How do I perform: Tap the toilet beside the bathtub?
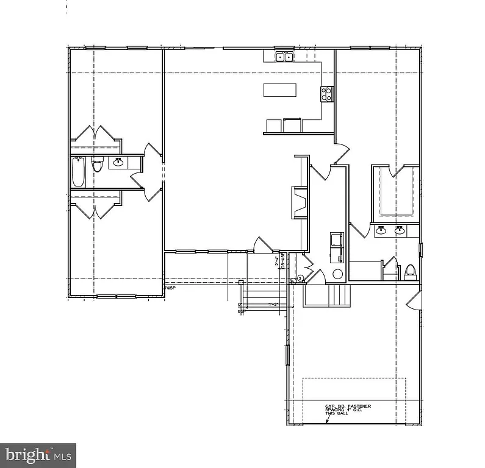[x=97, y=166]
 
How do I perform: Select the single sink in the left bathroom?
[x=118, y=162]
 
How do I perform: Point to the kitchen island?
[x=280, y=90]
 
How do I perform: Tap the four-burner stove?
[x=327, y=94]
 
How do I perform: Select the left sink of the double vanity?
[x=381, y=230]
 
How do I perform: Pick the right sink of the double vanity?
[x=400, y=230]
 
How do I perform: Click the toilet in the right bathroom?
[x=410, y=270]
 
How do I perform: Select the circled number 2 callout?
[x=300, y=279]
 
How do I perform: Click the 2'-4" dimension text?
[x=277, y=263]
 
